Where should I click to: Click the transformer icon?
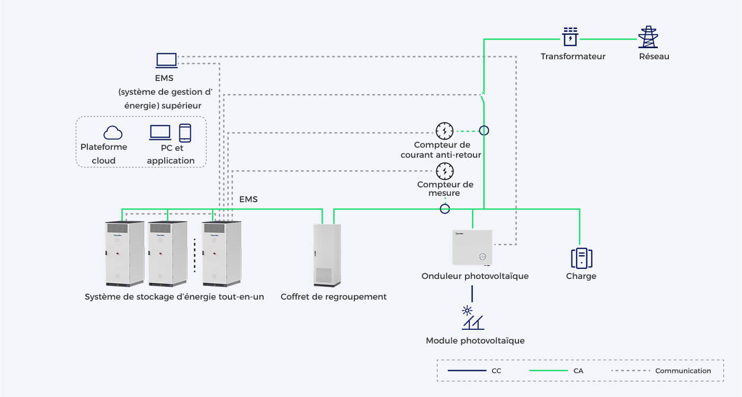pos(570,37)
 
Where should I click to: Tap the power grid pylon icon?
pos(648,37)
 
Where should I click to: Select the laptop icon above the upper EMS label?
pos(167,60)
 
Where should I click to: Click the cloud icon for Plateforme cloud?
pos(113,133)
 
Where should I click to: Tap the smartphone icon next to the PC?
pos(185,133)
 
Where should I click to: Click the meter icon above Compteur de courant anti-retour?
pos(444,131)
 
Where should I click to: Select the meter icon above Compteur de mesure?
pos(444,171)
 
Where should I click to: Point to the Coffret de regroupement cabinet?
pos(327,255)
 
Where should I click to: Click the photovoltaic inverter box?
pos(472,248)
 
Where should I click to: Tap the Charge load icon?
pos(582,258)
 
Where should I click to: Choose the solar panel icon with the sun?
pos(473,318)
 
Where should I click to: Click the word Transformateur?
pos(573,57)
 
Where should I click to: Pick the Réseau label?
pos(654,57)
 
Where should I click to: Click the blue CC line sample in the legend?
pos(467,371)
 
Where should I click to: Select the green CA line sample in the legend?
pos(549,371)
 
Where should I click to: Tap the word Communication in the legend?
pos(683,371)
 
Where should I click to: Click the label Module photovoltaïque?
pos(476,341)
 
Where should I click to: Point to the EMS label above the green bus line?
pos(248,200)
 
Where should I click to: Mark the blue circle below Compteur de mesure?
pos(444,209)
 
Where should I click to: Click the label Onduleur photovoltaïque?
pos(475,276)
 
